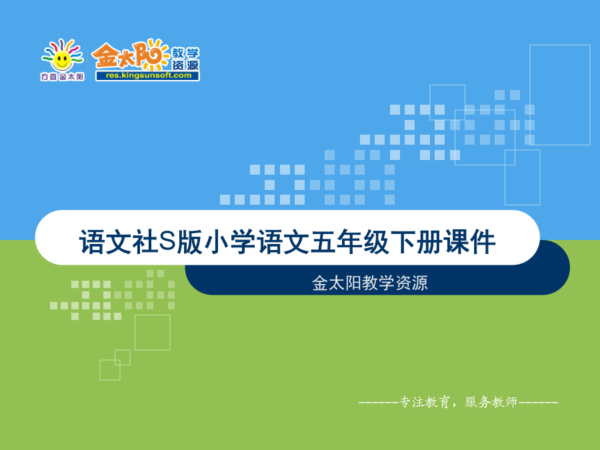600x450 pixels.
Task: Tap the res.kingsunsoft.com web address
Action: coord(148,75)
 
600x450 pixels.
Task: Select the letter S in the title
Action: coord(167,240)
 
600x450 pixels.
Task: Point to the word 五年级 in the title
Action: coord(350,242)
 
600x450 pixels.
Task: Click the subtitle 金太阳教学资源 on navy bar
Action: coord(369,283)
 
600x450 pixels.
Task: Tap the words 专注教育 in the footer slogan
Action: coord(425,402)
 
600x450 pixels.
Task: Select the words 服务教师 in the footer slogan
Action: coord(491,402)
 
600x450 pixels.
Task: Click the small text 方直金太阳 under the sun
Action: coord(63,77)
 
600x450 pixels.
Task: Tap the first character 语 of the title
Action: coord(92,242)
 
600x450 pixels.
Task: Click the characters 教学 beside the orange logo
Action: coord(185,53)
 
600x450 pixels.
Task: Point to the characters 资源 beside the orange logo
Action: coord(185,65)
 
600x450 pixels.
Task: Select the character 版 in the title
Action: coord(189,242)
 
